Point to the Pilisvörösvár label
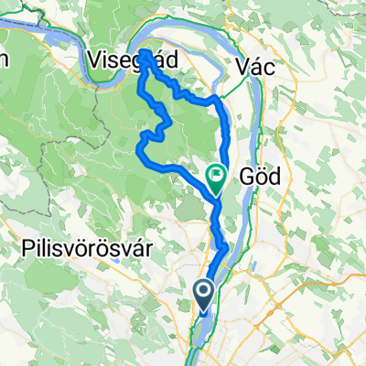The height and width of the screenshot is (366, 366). (x=85, y=248)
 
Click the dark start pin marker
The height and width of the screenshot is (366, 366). (x=205, y=295)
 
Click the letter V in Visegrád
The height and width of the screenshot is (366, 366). (x=95, y=59)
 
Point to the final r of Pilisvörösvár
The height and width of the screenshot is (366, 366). (x=146, y=248)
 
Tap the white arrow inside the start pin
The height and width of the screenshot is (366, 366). (x=205, y=291)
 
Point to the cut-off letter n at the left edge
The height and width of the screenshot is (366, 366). (x=4, y=59)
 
